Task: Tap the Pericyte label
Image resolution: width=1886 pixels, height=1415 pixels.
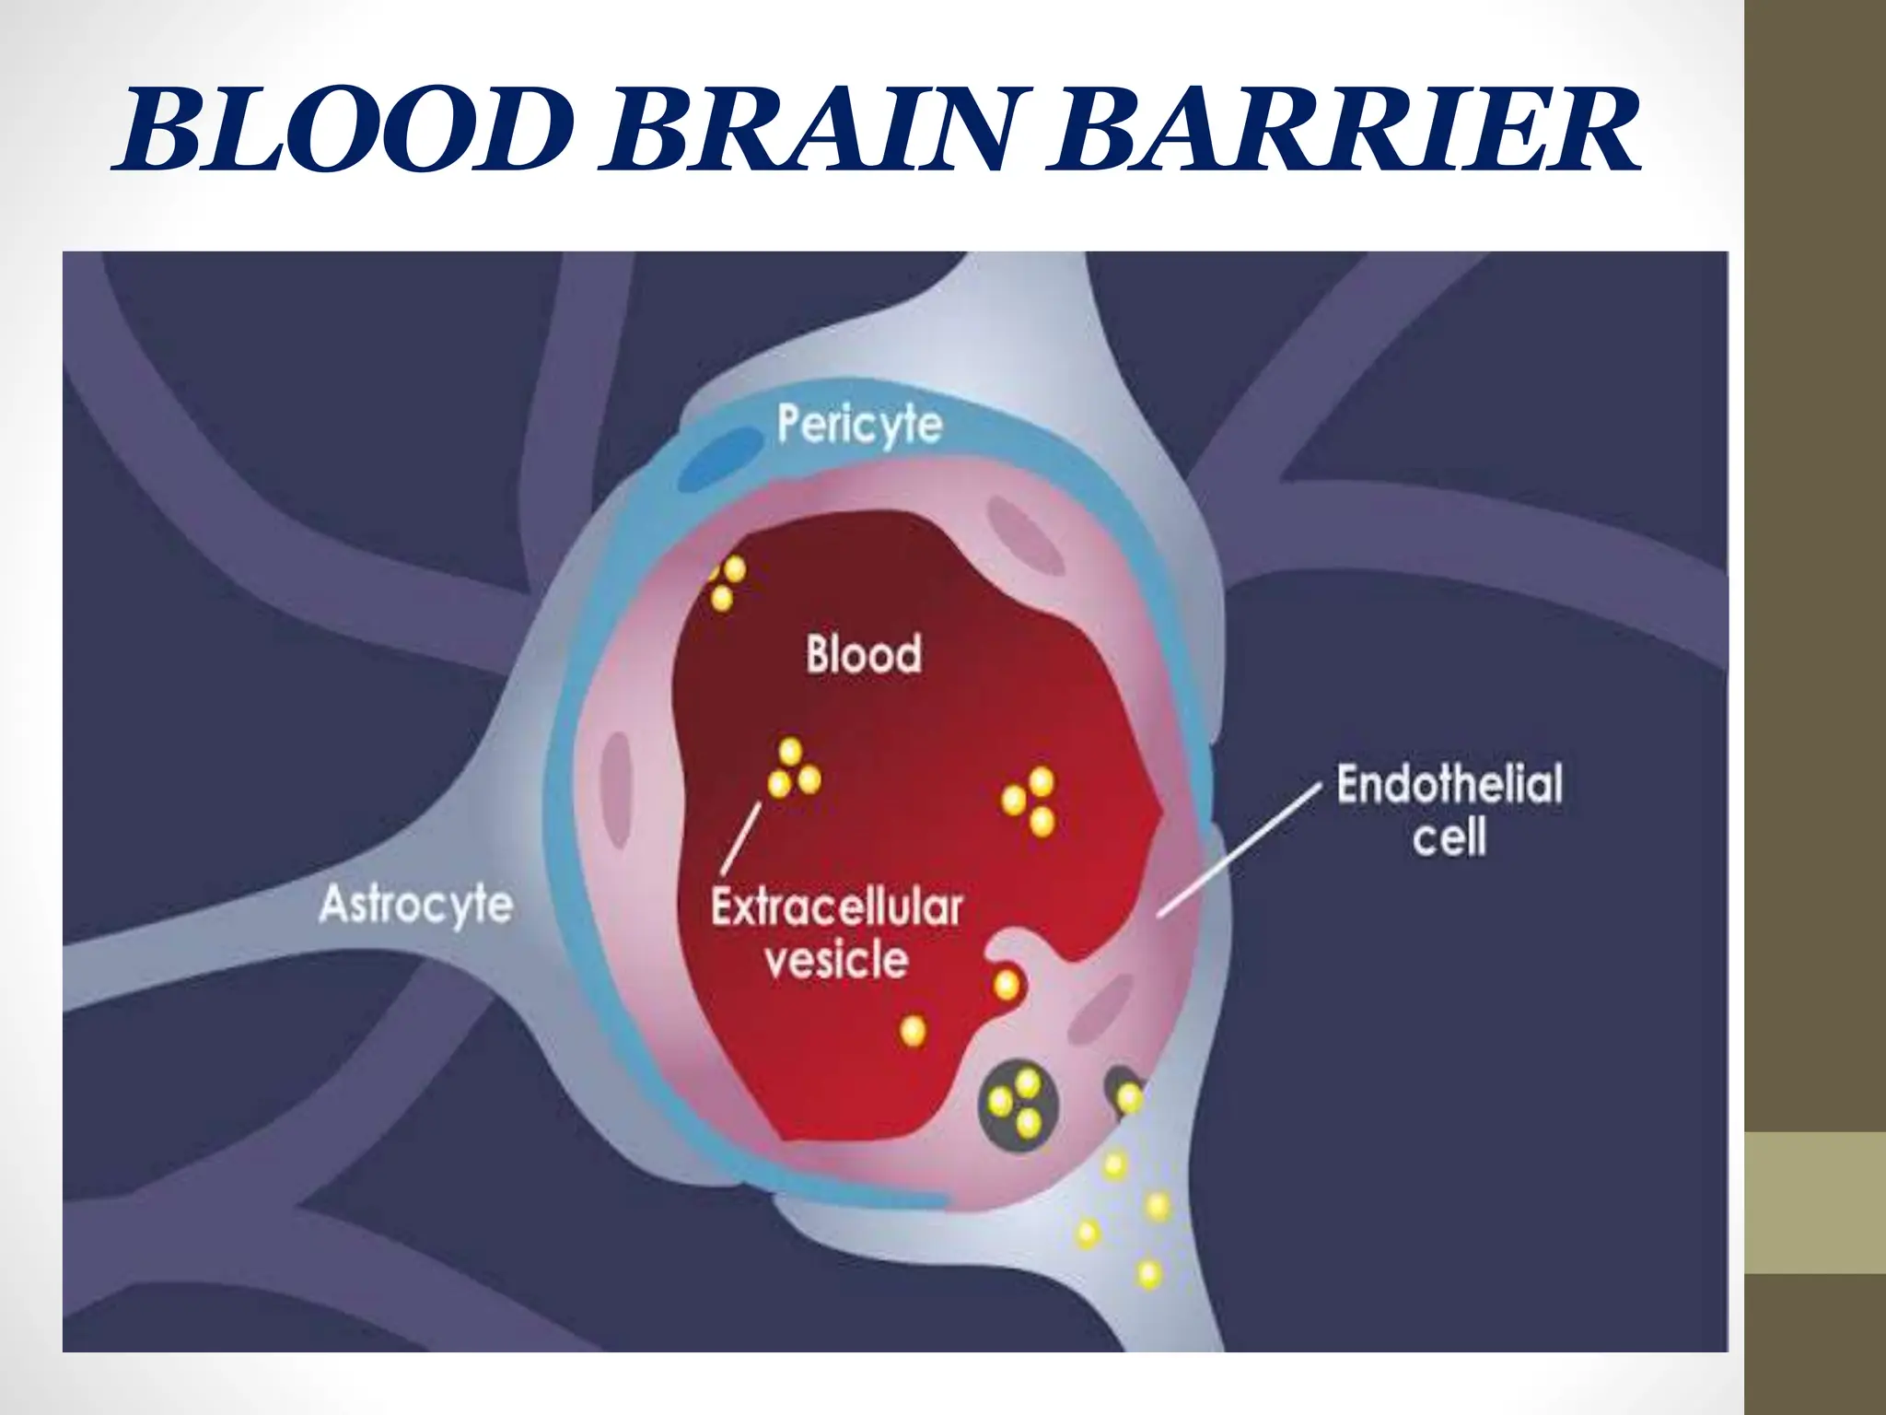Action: click(x=859, y=425)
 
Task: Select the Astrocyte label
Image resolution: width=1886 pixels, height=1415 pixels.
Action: click(x=415, y=904)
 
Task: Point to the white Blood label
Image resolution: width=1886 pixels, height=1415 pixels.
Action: click(x=864, y=654)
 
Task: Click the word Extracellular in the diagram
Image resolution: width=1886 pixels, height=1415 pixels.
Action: click(x=836, y=907)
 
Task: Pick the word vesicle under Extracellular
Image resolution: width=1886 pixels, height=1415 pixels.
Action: click(x=836, y=960)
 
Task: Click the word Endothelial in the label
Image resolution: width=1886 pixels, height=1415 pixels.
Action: click(x=1449, y=785)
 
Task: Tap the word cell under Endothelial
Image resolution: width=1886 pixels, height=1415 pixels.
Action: click(x=1449, y=838)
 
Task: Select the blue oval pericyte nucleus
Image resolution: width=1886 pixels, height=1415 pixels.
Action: click(x=721, y=461)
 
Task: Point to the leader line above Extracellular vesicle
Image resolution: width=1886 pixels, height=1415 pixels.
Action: click(x=741, y=838)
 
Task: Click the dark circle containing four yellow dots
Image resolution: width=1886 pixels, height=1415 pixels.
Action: click(x=1018, y=1103)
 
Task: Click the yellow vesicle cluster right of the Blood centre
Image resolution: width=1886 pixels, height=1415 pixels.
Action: click(x=1030, y=801)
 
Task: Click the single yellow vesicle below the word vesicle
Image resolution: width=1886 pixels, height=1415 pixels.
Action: click(x=913, y=1029)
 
